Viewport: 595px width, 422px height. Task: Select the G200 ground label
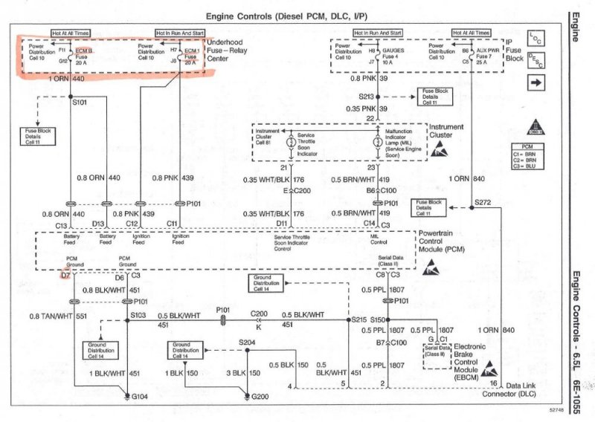[x=260, y=397]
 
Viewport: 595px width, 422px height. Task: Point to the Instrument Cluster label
[x=446, y=132]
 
